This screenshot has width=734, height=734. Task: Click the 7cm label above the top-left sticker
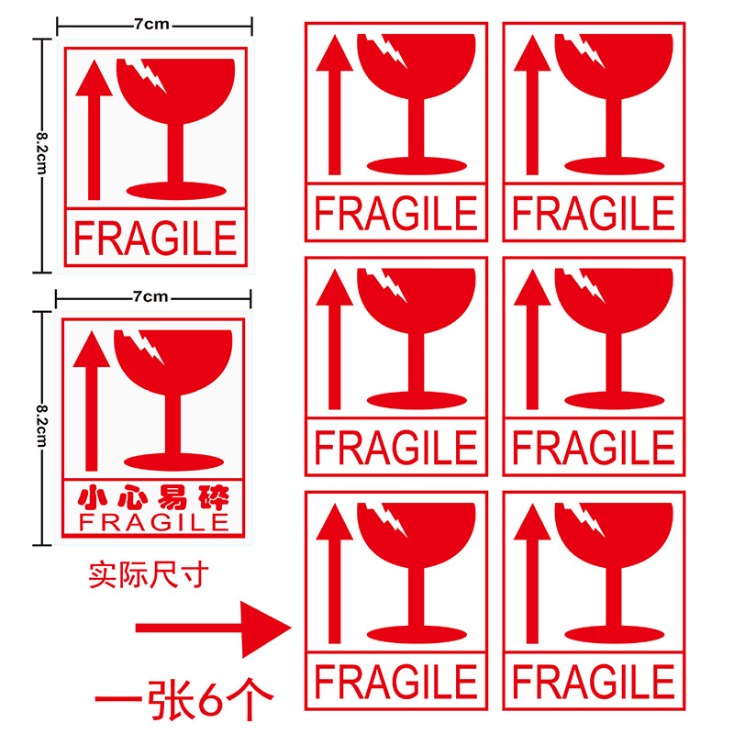point(152,24)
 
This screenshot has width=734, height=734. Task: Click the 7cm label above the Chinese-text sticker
point(150,296)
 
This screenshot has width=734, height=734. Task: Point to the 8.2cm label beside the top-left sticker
point(42,153)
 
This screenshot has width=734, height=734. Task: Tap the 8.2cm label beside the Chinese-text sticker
point(42,426)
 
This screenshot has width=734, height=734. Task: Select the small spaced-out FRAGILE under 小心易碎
point(154,522)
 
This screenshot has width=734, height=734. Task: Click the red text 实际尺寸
point(149,575)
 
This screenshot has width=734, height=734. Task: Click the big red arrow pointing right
point(213,629)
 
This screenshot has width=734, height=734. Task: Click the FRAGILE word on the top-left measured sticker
point(155,239)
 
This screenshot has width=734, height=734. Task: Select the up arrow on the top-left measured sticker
point(95,129)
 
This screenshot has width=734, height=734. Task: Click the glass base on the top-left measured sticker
point(176,191)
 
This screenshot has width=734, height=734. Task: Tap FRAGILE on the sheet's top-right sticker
point(594,214)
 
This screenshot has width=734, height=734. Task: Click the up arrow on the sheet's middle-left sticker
point(334,339)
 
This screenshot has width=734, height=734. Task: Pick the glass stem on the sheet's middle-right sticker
point(614,362)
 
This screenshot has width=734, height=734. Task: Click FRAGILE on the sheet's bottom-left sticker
point(395,682)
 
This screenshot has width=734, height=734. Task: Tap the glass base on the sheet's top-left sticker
point(417,166)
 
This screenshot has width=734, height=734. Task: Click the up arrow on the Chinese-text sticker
point(92,401)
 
